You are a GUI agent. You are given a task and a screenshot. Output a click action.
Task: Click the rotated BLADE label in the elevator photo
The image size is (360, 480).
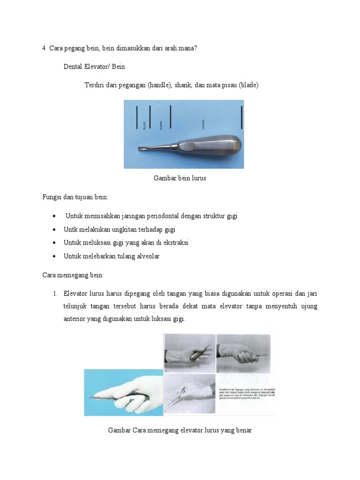point(144,125)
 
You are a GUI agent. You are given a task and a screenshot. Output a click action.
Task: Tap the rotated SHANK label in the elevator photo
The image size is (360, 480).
point(160,125)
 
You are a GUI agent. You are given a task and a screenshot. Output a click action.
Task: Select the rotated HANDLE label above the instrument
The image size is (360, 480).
point(203,124)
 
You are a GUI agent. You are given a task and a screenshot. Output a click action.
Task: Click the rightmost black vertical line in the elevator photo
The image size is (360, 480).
point(241,117)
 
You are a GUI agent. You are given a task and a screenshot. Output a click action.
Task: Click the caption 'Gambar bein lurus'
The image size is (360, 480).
point(180,178)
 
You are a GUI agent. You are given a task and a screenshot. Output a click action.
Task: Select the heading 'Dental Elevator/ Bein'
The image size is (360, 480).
point(94,67)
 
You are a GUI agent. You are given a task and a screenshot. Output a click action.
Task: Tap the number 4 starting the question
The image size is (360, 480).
point(44,48)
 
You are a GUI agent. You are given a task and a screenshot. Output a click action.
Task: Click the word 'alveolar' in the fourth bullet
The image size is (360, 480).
point(147,256)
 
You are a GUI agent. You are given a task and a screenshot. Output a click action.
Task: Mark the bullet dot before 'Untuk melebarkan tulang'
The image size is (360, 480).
point(55,257)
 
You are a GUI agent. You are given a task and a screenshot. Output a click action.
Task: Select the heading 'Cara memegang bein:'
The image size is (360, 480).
point(73,275)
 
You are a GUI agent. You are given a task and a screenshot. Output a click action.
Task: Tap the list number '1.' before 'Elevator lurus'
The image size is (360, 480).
point(55,293)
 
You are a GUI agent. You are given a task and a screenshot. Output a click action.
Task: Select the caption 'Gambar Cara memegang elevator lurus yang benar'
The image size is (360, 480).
point(180,430)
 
